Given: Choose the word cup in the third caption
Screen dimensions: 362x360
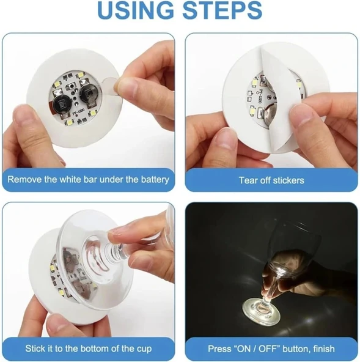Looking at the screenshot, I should point(144,349).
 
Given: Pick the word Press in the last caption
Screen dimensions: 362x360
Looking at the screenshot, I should point(221,349).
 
